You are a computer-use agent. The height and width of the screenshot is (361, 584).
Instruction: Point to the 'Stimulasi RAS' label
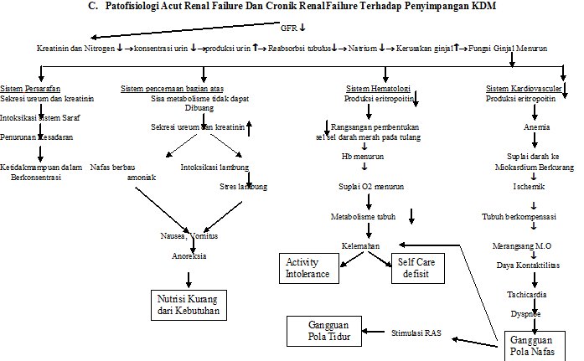click(x=416, y=333)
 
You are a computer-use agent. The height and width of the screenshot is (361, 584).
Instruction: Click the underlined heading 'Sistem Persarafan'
click(x=30, y=88)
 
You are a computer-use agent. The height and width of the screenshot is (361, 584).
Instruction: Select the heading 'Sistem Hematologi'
click(x=379, y=88)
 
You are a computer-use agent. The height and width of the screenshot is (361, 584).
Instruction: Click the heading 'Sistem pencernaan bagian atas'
click(x=171, y=88)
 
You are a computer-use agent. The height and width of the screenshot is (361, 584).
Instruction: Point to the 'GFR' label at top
click(x=287, y=27)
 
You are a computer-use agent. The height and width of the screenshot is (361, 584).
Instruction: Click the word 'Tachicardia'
click(x=526, y=296)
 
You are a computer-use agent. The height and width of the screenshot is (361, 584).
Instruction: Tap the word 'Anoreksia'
click(x=189, y=256)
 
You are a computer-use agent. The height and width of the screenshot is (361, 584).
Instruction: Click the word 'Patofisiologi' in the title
click(x=138, y=8)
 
